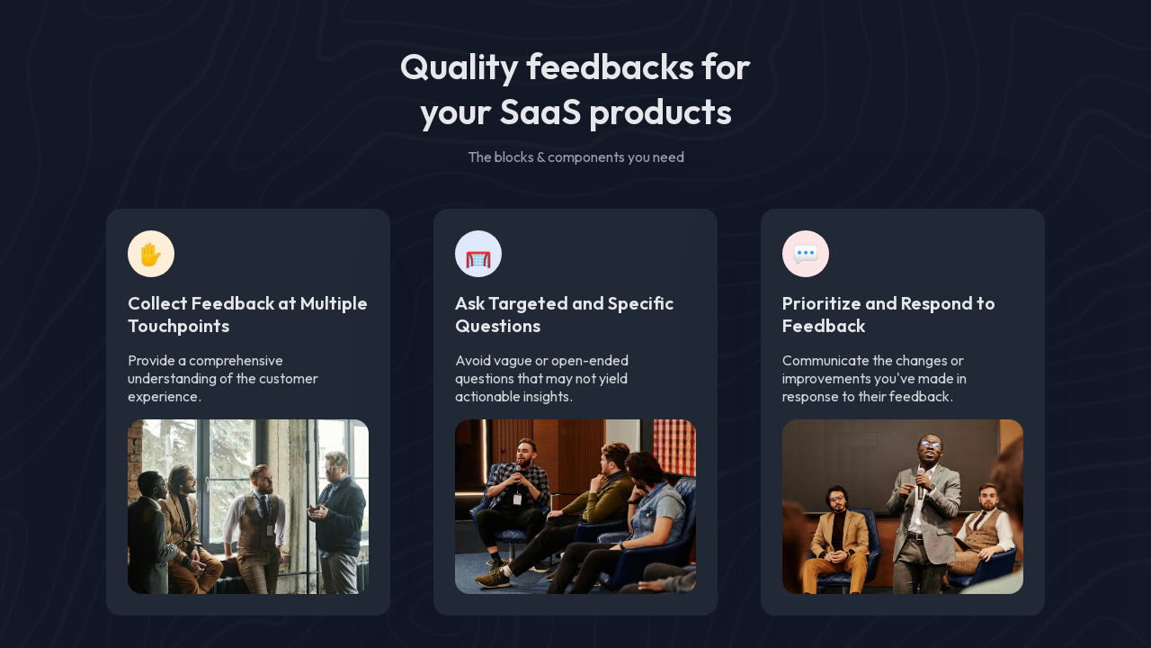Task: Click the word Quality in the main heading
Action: click(x=458, y=67)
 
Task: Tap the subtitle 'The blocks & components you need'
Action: click(x=575, y=157)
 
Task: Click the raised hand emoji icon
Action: click(x=151, y=255)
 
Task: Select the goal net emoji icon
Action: click(x=478, y=255)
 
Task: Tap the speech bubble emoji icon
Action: click(x=806, y=255)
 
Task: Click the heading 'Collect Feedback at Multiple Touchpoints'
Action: click(x=247, y=314)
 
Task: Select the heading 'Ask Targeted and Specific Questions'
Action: click(x=564, y=314)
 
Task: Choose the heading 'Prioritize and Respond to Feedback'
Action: click(x=888, y=314)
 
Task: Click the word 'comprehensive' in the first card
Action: click(x=236, y=361)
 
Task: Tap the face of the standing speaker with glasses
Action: click(x=929, y=448)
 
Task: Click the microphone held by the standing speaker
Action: click(x=920, y=481)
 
